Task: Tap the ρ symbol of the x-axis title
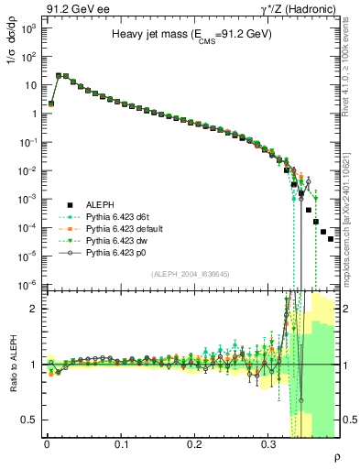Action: [x=336, y=457]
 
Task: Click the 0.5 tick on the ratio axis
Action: [x=31, y=420]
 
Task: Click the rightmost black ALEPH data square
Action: [x=331, y=238]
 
